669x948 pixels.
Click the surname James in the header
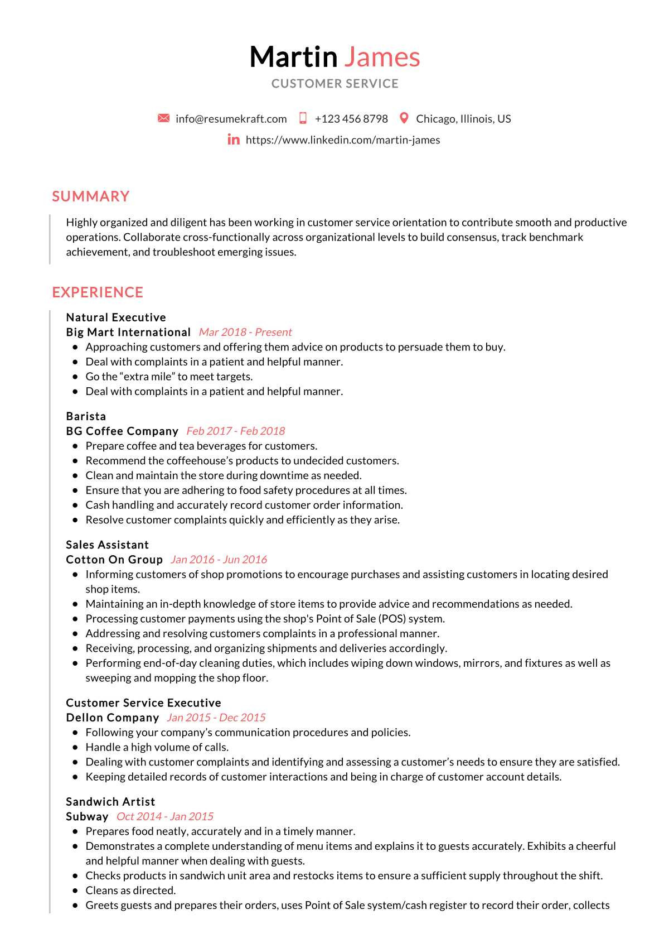point(382,57)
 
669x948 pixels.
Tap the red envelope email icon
point(163,118)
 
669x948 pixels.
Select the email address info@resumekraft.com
point(231,119)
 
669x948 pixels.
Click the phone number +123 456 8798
point(351,119)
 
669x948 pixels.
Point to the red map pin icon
point(404,118)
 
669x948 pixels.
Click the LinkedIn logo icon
point(234,139)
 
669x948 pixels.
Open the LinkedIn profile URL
point(342,140)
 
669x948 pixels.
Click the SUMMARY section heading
point(91,196)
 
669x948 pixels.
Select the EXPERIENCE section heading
point(98,292)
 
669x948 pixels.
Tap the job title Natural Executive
point(116,317)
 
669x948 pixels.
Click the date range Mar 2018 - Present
point(245,333)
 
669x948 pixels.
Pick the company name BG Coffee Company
point(122,431)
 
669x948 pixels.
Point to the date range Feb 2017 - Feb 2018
point(235,431)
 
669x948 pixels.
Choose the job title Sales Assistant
point(107,545)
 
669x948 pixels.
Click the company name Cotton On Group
point(114,560)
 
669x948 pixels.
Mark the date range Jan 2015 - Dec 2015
point(216,718)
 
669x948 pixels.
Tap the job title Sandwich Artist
point(110,802)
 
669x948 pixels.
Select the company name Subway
point(87,817)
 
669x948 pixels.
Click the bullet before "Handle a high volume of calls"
point(75,748)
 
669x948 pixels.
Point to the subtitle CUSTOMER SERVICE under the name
point(335,84)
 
